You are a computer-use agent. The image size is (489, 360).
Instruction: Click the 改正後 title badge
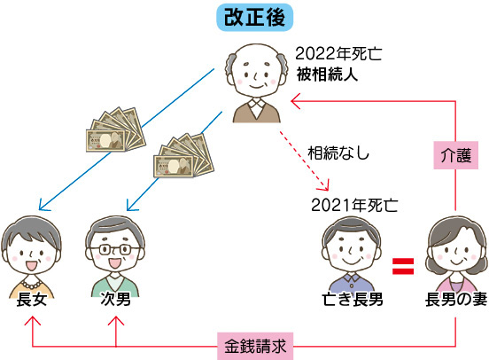(x=255, y=18)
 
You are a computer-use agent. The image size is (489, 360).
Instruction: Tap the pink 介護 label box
(x=455, y=155)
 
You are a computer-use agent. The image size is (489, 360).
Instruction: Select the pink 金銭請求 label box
(x=255, y=346)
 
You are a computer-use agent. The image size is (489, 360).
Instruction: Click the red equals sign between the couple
(x=403, y=266)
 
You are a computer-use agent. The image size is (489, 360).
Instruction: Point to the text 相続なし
(x=338, y=153)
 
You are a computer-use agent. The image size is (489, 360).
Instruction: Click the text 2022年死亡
(x=338, y=54)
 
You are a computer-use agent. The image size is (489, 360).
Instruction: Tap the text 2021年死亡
(x=354, y=205)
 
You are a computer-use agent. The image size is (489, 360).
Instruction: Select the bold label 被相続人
(x=327, y=74)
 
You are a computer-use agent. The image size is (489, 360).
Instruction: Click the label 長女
(x=31, y=300)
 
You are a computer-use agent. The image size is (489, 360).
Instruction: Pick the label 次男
(x=115, y=299)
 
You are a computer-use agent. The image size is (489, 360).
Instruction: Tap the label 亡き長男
(x=353, y=300)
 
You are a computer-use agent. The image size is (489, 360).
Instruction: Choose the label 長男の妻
(x=456, y=300)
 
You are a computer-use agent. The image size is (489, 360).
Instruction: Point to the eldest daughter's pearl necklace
(x=30, y=285)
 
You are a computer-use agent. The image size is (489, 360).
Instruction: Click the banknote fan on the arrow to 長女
(x=116, y=129)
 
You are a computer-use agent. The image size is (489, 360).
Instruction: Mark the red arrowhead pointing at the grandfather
(x=295, y=101)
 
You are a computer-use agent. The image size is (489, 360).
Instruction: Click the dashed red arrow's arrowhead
(x=324, y=186)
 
